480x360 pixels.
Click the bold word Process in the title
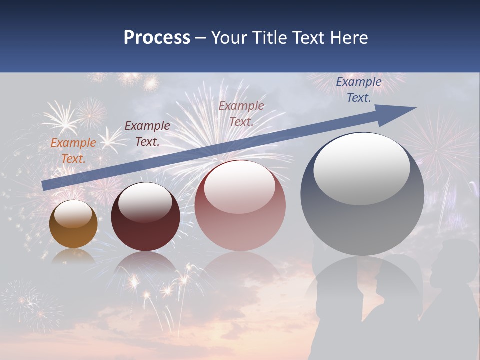coord(157,38)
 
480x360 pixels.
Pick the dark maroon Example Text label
coord(147,134)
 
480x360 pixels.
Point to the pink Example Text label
coord(241,113)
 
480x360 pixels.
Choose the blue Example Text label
coord(358,90)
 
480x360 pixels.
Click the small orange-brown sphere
coord(73,225)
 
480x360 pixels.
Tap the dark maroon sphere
coord(145,217)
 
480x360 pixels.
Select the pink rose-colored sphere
coord(240,206)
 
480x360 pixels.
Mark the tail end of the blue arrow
coord(44,185)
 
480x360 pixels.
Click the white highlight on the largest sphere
coord(361,167)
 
